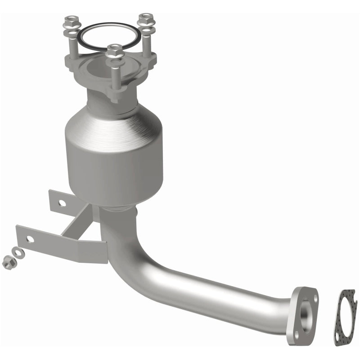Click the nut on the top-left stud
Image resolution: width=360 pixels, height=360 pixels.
tap(71, 21)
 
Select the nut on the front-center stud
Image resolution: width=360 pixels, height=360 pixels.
tap(116, 51)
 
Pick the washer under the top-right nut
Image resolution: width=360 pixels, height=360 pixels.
tap(146, 30)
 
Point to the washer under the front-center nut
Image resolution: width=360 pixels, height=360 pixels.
tap(116, 62)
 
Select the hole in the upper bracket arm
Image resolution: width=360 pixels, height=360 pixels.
tap(62, 203)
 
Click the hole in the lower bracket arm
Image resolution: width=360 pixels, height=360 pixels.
tap(30, 238)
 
